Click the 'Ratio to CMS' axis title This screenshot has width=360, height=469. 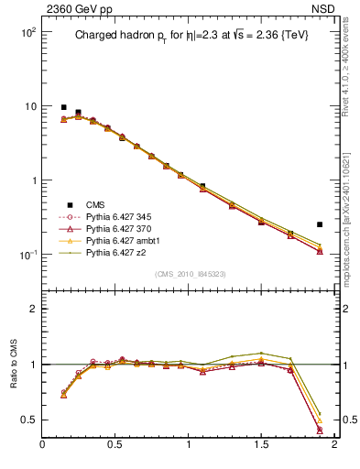[x=12, y=363]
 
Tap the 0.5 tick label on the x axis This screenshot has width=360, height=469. [x=115, y=445]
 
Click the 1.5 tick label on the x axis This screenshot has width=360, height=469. [x=261, y=445]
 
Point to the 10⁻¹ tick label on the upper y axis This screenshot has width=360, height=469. [x=26, y=255]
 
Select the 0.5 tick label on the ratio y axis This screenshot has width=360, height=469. [x=27, y=420]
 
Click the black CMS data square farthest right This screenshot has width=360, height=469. [x=320, y=224]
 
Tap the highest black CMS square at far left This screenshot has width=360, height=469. [x=63, y=107]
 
